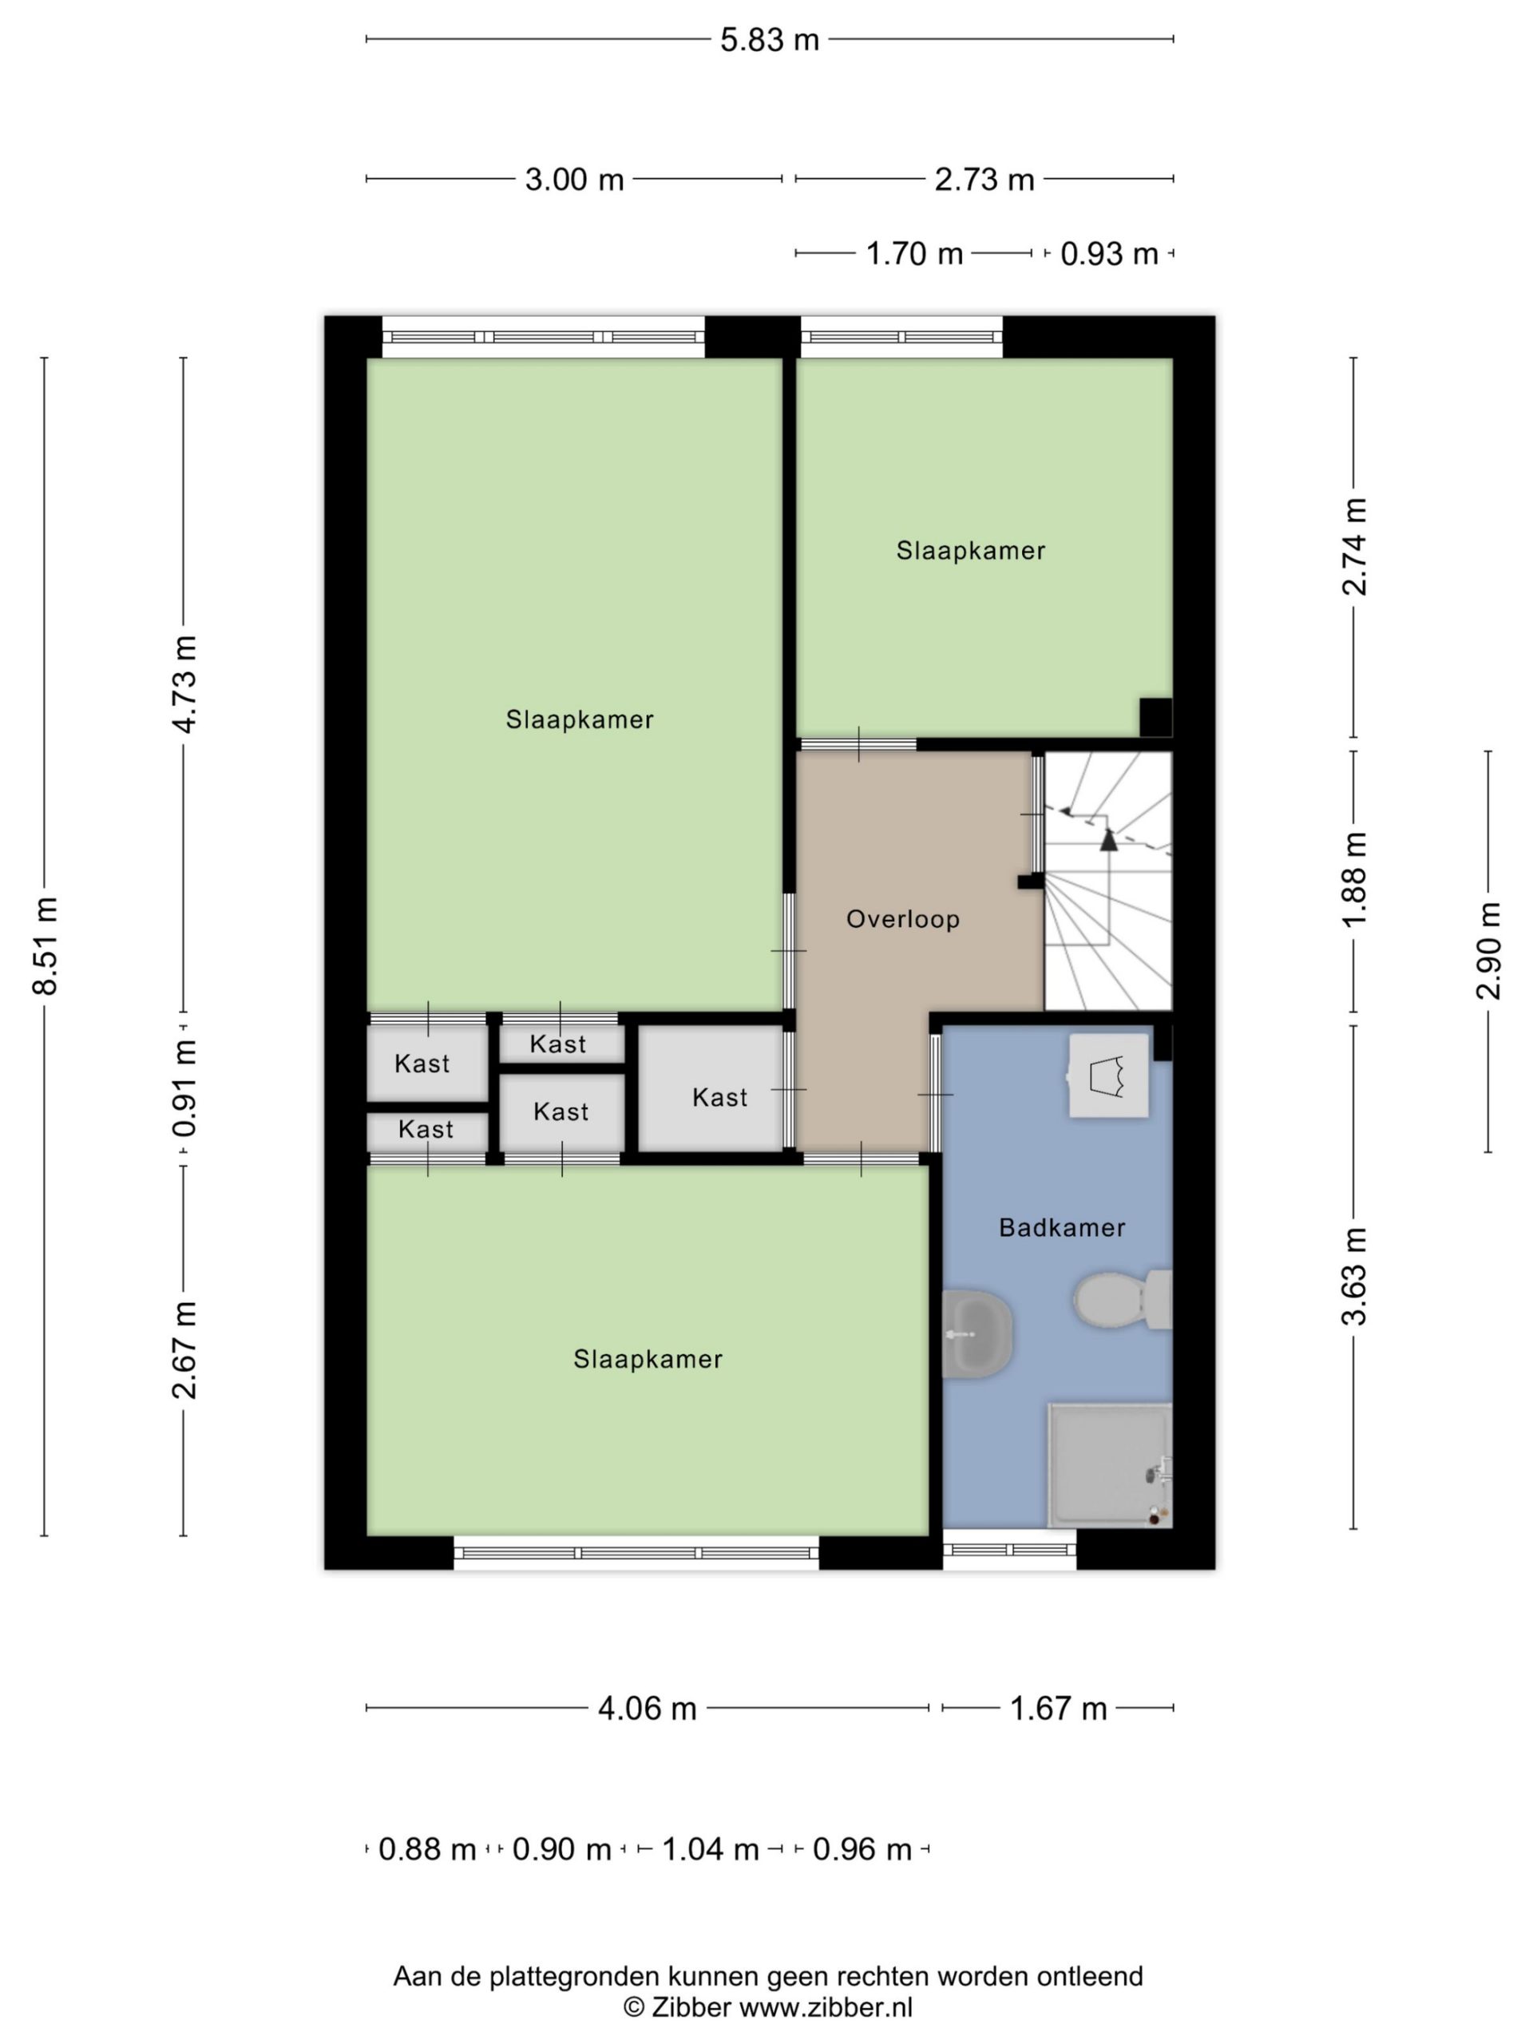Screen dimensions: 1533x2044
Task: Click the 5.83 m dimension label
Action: [x=769, y=40]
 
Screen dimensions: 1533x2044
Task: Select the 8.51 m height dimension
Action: [x=45, y=946]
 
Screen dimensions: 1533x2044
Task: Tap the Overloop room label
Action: [x=903, y=920]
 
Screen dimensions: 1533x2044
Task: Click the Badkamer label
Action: [x=1062, y=1228]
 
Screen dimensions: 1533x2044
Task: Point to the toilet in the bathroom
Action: [x=1122, y=1299]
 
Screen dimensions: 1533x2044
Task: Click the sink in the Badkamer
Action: [x=976, y=1334]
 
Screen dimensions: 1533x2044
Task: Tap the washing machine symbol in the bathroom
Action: [x=1109, y=1076]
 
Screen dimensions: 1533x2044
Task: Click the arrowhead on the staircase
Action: [x=1108, y=839]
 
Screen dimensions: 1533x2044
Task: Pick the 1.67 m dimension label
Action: [x=1057, y=1709]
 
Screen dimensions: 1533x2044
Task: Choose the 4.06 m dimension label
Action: [x=647, y=1709]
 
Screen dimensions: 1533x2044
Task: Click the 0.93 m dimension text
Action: [x=1109, y=254]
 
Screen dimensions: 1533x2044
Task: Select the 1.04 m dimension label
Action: [x=710, y=1850]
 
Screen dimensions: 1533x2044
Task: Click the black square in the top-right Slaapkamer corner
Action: [x=1155, y=717]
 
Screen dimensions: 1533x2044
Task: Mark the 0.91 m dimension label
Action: [x=184, y=1087]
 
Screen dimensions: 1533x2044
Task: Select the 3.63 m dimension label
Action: [x=1353, y=1277]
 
